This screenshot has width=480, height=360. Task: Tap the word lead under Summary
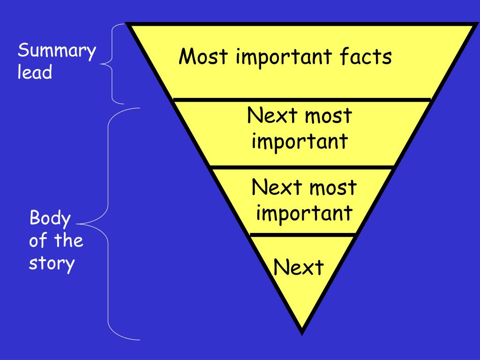(x=35, y=73)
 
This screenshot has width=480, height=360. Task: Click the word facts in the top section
(x=366, y=57)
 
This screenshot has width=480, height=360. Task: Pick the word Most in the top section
(x=203, y=57)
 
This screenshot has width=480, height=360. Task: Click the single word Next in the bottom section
(x=299, y=268)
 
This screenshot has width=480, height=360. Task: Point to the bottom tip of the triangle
(x=302, y=332)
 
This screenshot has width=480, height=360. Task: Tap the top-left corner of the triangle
(x=128, y=24)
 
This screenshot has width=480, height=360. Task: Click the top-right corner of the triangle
(x=474, y=24)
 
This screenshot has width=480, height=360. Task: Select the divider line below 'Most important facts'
(x=302, y=99)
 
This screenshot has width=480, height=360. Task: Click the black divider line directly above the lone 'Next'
(x=303, y=234)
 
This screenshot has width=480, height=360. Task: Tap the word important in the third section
(x=304, y=213)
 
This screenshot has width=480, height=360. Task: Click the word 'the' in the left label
(x=68, y=241)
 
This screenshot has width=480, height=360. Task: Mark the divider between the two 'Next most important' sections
(x=302, y=167)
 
